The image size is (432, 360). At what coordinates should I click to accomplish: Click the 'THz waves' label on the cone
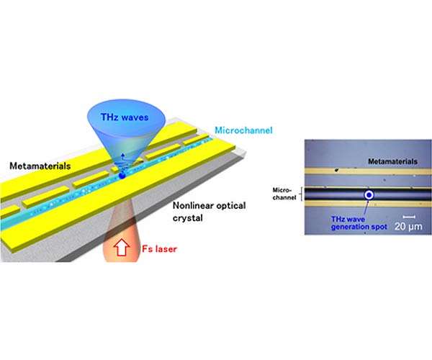125,117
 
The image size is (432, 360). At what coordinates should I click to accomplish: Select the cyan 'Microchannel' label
243,130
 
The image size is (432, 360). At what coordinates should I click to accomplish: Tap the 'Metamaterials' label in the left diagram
40,166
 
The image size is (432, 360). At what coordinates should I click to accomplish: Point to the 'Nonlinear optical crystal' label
209,212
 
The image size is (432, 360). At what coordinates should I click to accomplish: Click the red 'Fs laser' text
159,248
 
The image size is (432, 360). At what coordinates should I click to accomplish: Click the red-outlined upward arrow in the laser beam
122,248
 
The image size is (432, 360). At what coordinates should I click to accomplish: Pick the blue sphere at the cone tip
122,175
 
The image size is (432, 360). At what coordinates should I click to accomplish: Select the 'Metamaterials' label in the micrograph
392,161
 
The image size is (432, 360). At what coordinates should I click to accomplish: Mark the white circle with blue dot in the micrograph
369,195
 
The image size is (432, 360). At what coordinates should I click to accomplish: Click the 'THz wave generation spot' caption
359,223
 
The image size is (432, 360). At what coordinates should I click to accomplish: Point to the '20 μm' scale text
408,226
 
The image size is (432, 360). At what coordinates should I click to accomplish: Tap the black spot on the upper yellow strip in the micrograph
336,170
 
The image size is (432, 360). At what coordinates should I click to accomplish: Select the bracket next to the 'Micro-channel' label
302,194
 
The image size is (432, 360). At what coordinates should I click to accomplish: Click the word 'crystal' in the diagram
188,218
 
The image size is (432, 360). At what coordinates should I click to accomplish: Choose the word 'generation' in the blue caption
349,227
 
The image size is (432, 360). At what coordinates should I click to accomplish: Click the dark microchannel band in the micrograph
368,194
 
